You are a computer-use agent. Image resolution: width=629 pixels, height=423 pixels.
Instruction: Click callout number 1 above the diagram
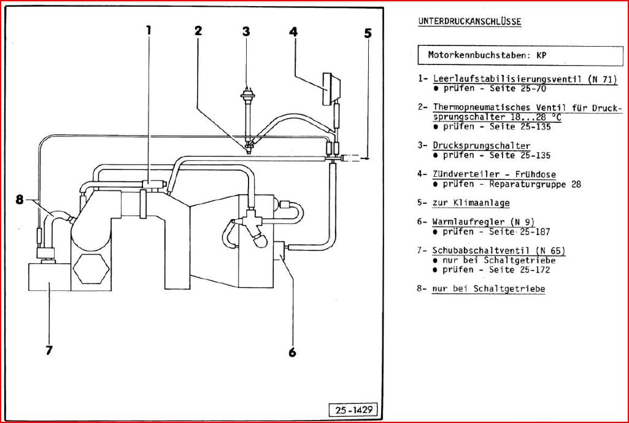149,29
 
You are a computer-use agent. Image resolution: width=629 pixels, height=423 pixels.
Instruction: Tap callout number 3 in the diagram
245,31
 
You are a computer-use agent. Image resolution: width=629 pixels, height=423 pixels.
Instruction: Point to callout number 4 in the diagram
293,31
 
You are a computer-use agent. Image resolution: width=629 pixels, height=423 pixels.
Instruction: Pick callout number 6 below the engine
292,352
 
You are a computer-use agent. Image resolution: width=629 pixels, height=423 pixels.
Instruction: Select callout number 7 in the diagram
48,351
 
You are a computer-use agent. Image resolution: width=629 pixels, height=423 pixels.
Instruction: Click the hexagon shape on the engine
90,268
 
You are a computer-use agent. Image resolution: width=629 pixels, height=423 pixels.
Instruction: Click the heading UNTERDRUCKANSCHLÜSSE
469,21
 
